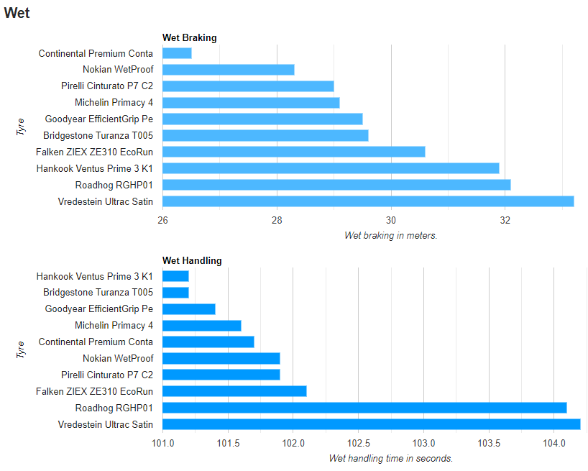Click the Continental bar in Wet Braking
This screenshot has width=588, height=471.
177,53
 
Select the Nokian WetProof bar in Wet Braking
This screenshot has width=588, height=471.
229,70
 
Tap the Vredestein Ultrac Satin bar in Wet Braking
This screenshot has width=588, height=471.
368,201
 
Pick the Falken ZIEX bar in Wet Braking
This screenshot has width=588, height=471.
294,152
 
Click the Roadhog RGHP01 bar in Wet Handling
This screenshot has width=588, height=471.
364,408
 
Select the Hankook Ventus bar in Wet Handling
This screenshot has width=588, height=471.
175,276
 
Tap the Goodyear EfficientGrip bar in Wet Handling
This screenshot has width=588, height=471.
189,309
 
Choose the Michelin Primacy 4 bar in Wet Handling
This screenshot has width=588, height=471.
202,326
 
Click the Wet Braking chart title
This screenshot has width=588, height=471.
189,38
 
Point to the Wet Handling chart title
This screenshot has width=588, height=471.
192,260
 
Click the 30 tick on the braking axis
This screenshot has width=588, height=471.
391,220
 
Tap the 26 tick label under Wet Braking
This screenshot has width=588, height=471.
162,220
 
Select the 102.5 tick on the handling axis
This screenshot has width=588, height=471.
359,443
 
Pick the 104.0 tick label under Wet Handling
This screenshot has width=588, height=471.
554,443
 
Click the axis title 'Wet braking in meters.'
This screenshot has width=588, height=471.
391,236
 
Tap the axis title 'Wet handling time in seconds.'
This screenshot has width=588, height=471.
391,458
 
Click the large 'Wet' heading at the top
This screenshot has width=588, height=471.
17,13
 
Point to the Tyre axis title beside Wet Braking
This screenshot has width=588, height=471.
21,127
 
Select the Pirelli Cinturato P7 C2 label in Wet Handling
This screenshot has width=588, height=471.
107,375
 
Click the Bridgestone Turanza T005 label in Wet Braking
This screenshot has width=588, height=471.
98,135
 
